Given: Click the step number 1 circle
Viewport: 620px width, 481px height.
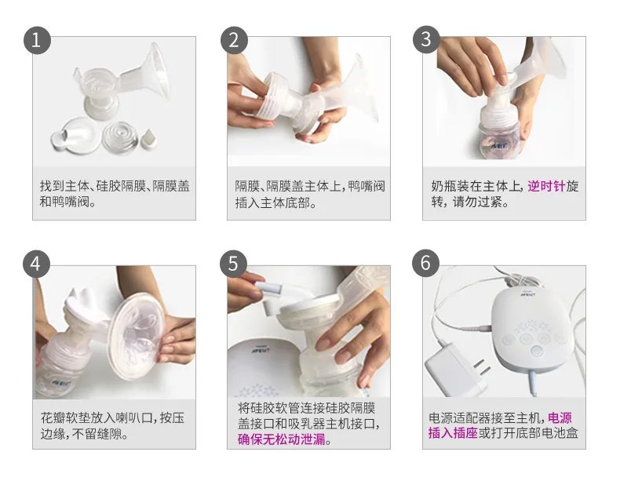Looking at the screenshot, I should coord(37,39).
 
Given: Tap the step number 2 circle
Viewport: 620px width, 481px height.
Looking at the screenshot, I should coord(232,39).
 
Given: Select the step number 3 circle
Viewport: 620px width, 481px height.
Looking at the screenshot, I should coord(426,39).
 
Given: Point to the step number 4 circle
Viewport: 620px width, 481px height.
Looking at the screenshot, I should coord(37,264).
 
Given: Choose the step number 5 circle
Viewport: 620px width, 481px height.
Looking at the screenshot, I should coord(232,264).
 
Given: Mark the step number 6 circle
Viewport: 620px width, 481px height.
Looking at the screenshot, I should coord(426,264).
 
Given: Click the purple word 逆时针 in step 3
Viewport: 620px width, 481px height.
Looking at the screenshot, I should coord(545,187).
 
